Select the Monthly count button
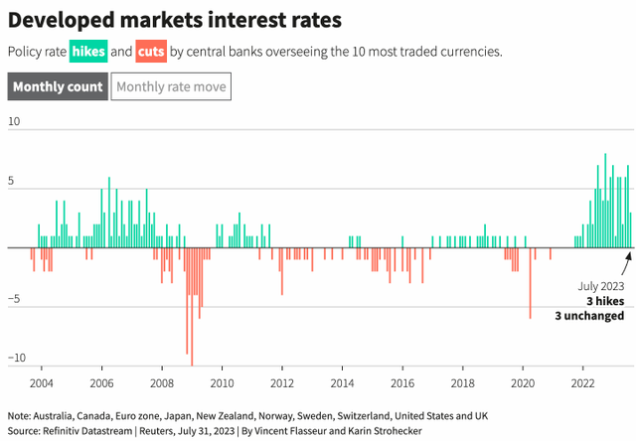coord(57,87)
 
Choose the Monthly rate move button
coord(171,87)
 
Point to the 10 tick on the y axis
coord(14,121)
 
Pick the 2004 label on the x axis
coord(41,383)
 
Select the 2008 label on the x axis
coord(161,383)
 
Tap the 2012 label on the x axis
coord(281,383)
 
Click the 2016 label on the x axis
coord(401,383)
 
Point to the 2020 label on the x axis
coord(522,383)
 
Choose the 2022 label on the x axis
coord(582,383)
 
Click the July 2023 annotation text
coord(601,286)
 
